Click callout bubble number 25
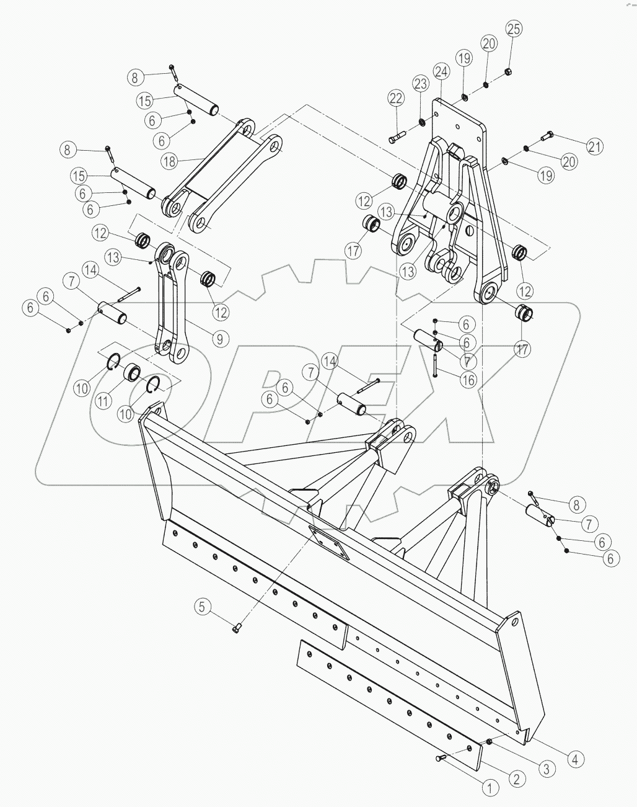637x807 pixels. point(514,29)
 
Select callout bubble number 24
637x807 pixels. point(441,73)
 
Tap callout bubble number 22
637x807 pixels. point(396,98)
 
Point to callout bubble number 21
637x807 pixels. point(594,146)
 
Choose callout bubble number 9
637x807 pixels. point(219,339)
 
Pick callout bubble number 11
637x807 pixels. point(104,400)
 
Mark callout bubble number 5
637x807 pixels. point(201,606)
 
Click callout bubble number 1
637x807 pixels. point(490,788)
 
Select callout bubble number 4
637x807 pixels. point(576,758)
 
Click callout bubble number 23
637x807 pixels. point(421,83)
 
